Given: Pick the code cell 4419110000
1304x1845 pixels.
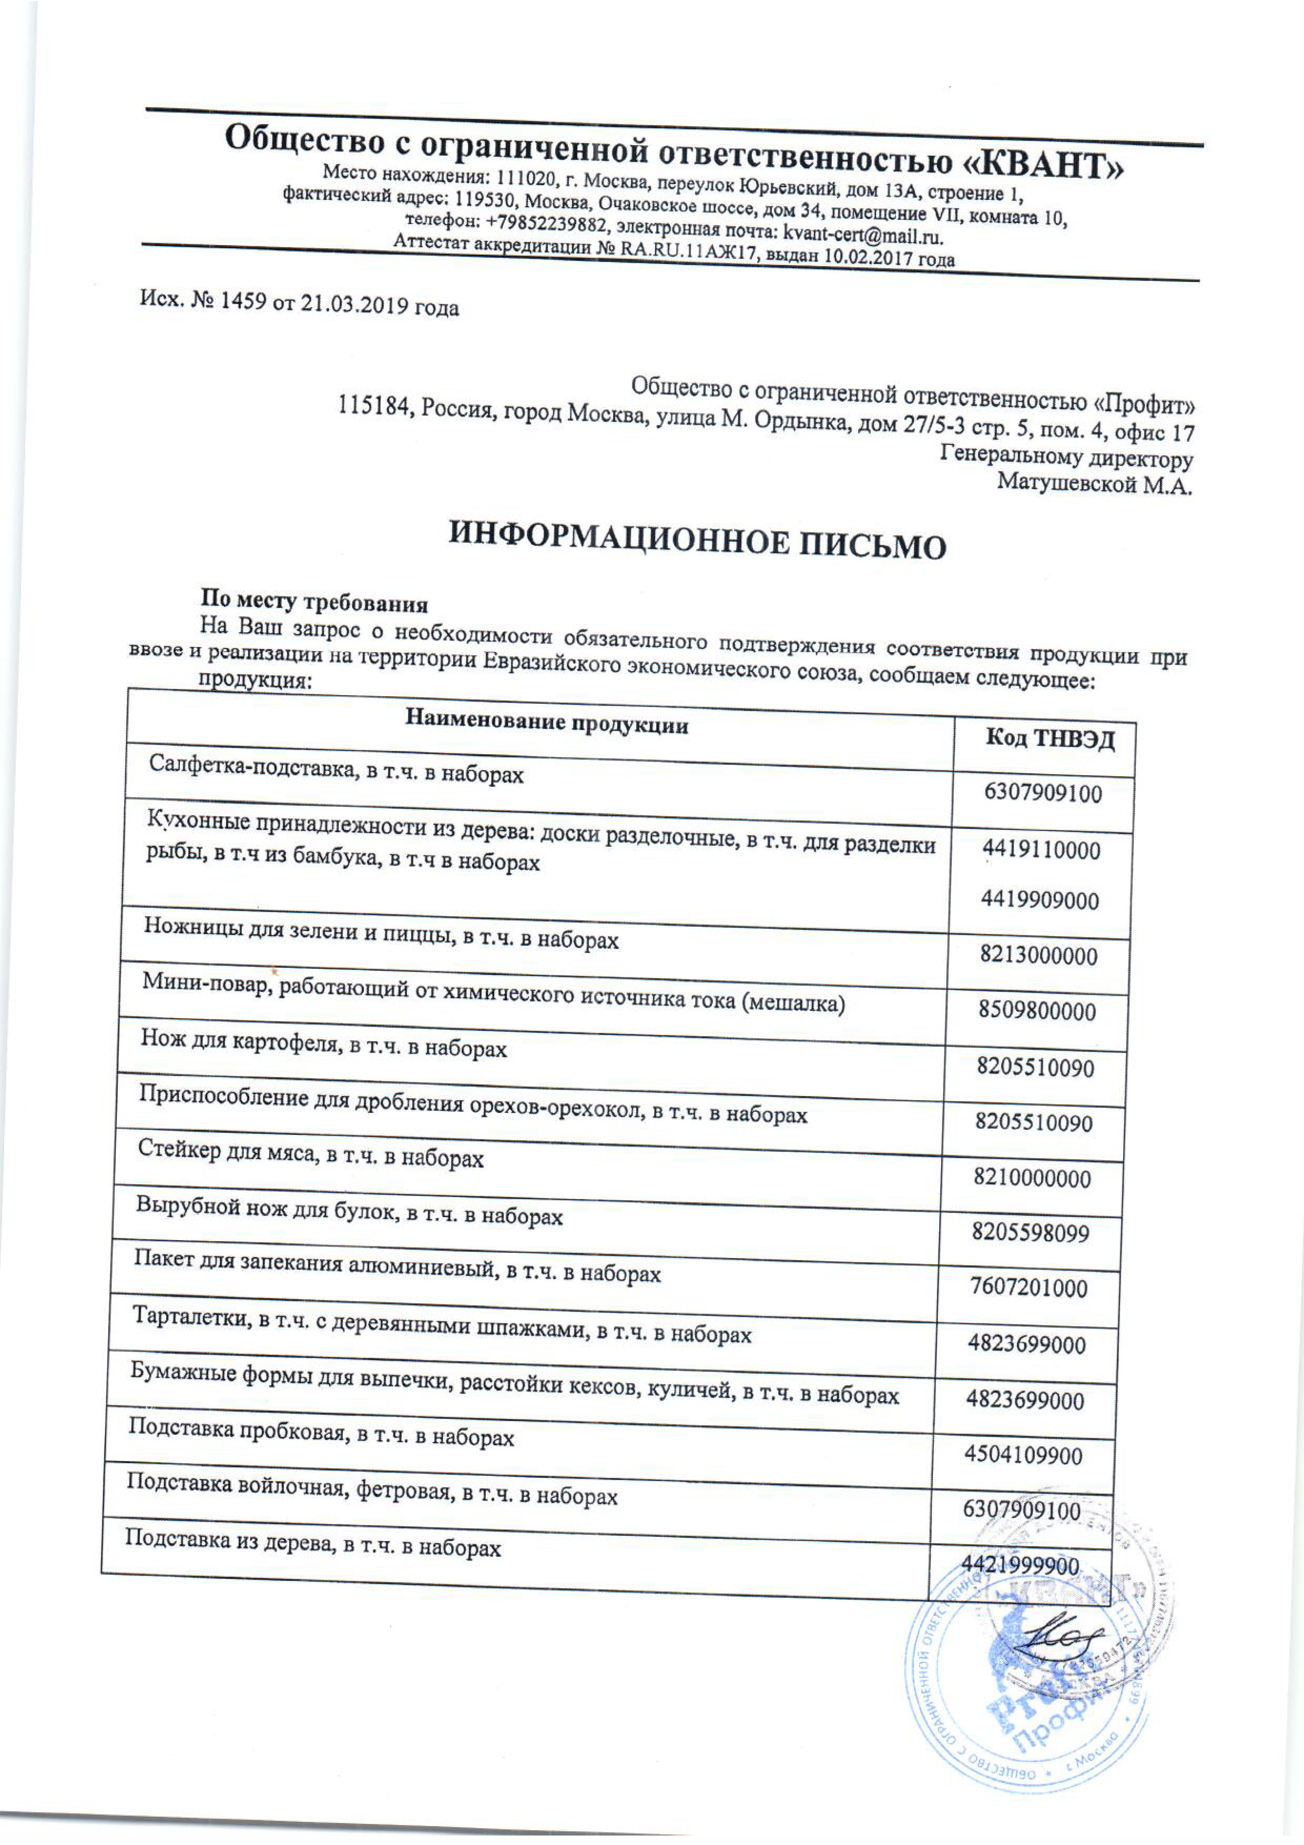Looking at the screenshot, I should [x=1041, y=849].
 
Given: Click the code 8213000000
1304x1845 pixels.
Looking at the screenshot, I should [x=1037, y=956].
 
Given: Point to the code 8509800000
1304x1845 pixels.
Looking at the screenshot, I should [x=1036, y=1011].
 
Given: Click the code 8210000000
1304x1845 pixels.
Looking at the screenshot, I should [x=1033, y=1179].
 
